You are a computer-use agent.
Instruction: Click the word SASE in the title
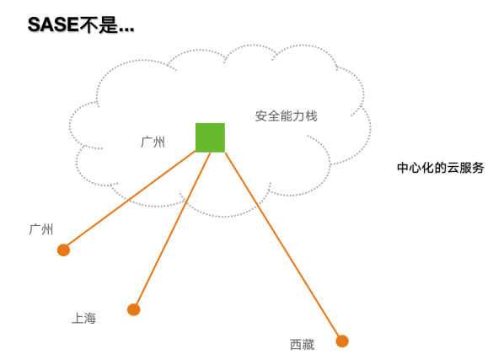pos(53,24)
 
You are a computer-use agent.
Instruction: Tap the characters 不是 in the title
pos(98,24)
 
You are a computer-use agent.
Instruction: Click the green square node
pos(210,137)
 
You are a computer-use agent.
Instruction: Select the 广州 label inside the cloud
pos(153,142)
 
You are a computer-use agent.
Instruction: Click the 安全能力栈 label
pos(287,116)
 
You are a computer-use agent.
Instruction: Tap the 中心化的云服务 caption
pos(441,168)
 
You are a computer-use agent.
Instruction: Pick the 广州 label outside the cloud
pos(41,229)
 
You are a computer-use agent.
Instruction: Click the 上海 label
pos(84,318)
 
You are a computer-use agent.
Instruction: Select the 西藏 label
pos(303,345)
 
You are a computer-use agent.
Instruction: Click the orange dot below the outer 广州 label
pos(63,250)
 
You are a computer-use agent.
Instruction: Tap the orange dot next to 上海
pos(134,309)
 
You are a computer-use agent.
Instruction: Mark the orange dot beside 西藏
pos(342,341)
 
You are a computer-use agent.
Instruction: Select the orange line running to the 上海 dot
pos(172,231)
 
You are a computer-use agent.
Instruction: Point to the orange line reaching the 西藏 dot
pos(284,247)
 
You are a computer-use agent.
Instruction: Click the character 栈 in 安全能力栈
pos(311,116)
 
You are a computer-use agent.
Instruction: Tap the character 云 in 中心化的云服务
pos(453,168)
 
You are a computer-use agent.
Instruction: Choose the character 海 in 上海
pos(90,318)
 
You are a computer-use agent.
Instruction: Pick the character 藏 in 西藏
pos(308,345)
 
